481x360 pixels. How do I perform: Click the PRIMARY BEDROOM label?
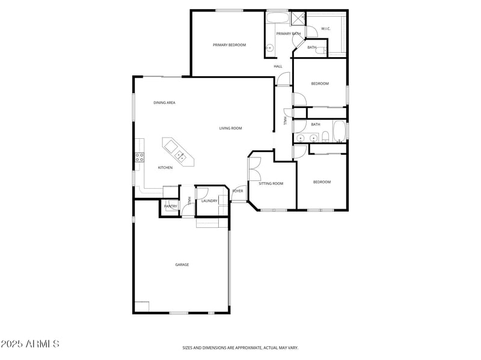[x=229, y=45]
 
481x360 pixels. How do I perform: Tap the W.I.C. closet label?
[x=325, y=28]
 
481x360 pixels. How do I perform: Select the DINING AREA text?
[x=164, y=103]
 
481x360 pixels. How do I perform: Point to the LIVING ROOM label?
[x=230, y=128]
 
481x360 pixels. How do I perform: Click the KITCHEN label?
[x=165, y=168]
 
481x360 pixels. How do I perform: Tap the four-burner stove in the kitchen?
[x=139, y=157]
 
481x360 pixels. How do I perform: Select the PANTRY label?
[x=170, y=206]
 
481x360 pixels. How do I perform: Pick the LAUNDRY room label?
[x=209, y=201]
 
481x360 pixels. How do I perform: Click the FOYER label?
[x=238, y=191]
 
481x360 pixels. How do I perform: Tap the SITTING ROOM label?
[x=271, y=183]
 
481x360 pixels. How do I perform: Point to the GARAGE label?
[x=182, y=264]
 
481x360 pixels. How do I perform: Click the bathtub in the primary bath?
[x=277, y=17]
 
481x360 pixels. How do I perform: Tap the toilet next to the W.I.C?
[x=323, y=49]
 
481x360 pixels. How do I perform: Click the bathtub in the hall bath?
[x=339, y=131]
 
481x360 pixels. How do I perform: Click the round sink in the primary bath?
[x=269, y=47]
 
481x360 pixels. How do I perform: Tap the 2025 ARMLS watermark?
[x=30, y=344]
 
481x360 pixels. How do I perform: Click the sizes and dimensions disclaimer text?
[x=240, y=347]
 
